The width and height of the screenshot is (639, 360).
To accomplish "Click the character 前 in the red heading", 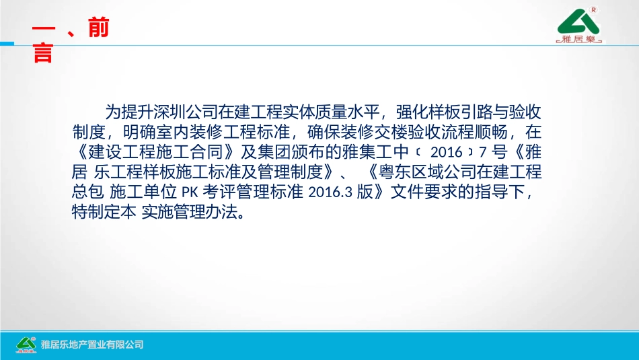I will coord(98,30).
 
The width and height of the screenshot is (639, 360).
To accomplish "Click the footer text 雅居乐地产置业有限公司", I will coord(92,345).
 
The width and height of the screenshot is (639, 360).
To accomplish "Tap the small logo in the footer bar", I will coord(26,344).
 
